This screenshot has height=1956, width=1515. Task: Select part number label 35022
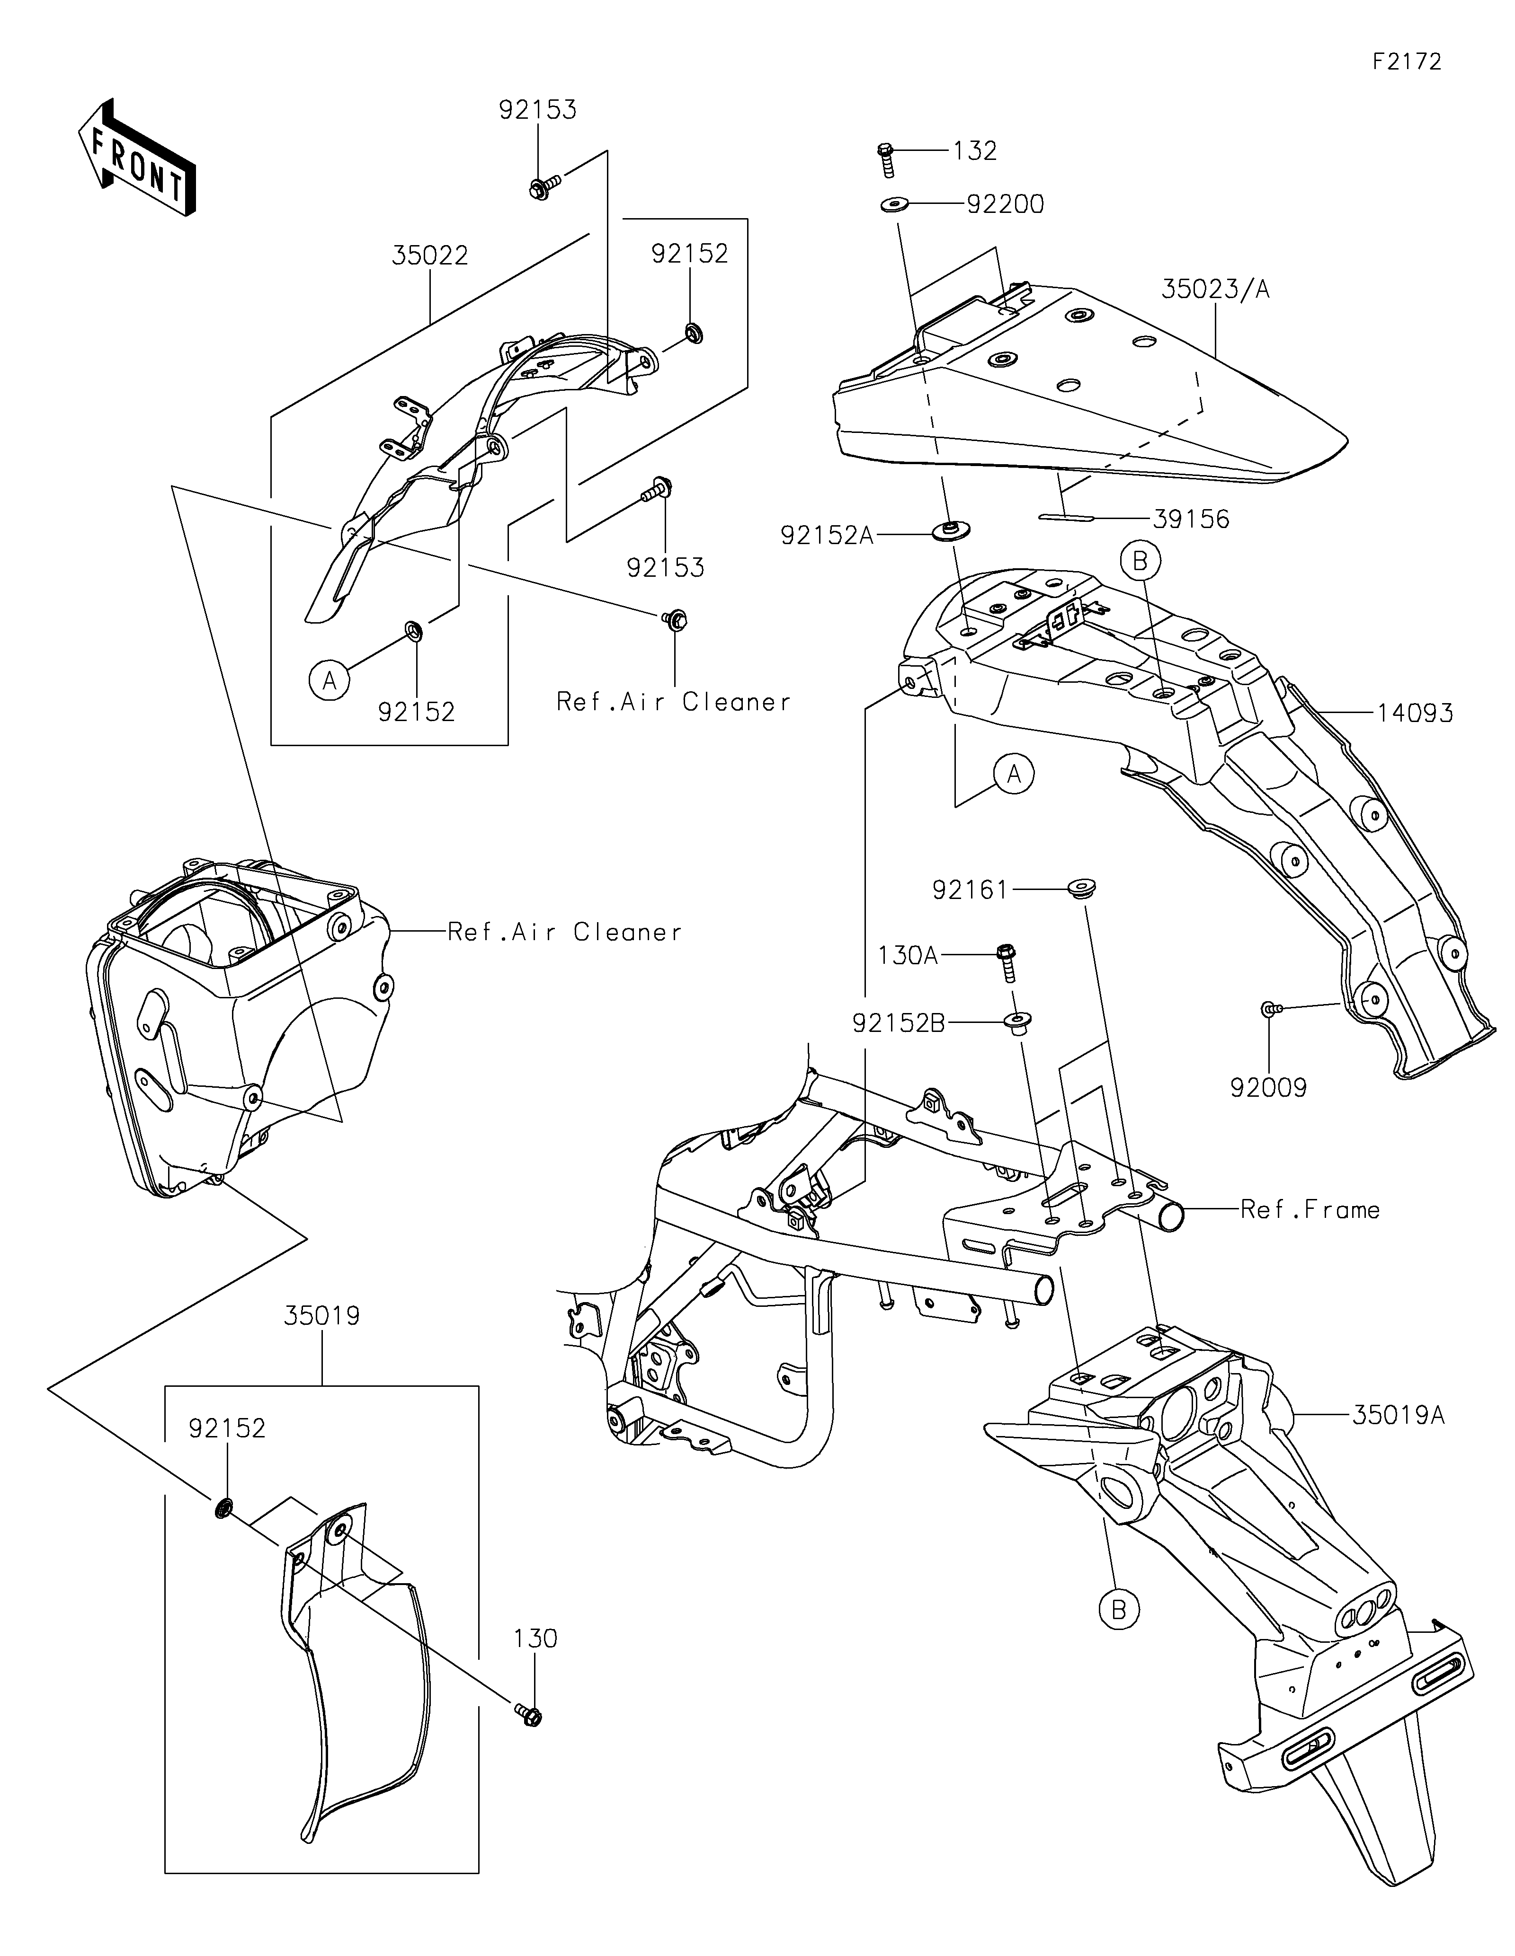pyautogui.click(x=430, y=256)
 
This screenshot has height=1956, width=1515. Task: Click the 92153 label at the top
pyautogui.click(x=537, y=110)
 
